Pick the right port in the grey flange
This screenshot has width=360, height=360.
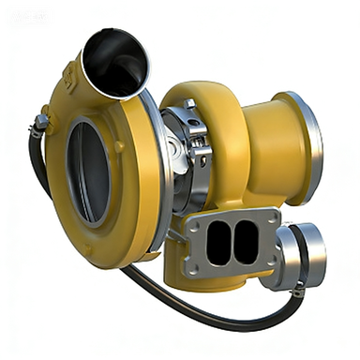[245, 242]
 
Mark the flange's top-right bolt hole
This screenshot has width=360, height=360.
[270, 217]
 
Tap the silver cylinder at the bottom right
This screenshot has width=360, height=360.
[302, 255]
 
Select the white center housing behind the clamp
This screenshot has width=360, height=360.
[175, 150]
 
